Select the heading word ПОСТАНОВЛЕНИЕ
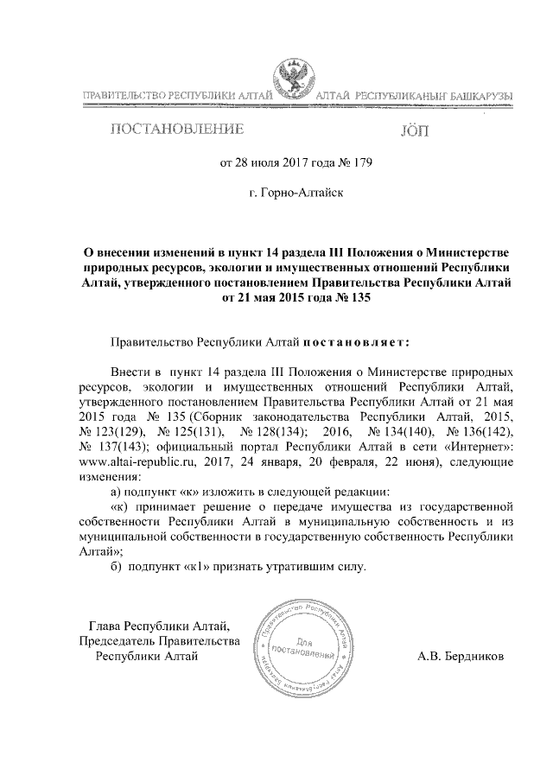click(174, 130)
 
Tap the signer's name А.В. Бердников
click(462, 657)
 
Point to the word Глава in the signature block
click(106, 625)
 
